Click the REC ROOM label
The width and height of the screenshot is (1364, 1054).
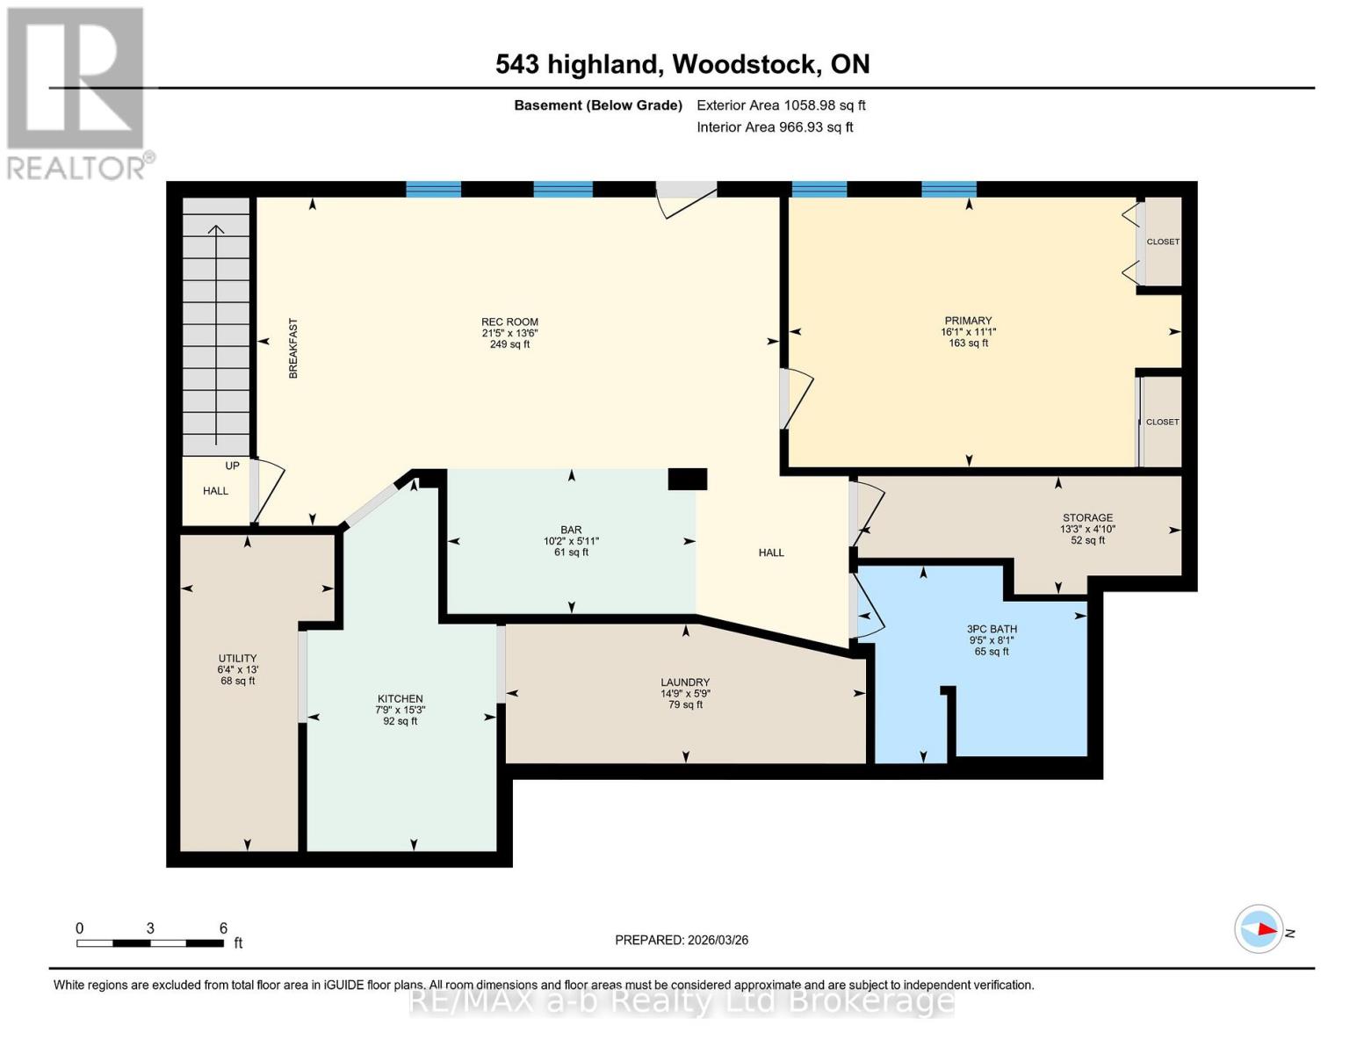(509, 322)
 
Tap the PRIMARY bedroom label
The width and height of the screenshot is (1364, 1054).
(968, 321)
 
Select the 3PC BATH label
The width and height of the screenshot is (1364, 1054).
(992, 629)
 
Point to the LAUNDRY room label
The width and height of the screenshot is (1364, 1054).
(685, 682)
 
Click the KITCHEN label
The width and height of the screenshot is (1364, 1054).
(400, 699)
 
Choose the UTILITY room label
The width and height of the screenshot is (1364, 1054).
(237, 659)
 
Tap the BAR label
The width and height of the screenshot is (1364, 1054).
(571, 531)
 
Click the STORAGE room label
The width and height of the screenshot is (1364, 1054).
(1087, 518)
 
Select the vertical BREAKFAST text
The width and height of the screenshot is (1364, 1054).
(293, 349)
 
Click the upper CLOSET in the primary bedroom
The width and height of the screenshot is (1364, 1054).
(1162, 242)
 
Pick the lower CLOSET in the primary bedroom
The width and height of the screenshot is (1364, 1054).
(1162, 422)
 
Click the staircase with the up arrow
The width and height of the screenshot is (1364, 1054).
(216, 325)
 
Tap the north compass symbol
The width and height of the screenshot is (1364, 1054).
(1259, 929)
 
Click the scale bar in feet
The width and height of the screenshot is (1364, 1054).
(149, 943)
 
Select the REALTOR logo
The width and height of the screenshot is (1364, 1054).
(77, 92)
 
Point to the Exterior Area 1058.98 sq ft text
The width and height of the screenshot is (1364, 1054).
(781, 105)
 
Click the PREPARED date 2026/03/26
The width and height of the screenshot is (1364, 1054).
(682, 940)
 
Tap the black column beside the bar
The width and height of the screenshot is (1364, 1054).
(687, 479)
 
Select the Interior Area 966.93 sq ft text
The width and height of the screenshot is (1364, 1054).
(775, 127)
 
